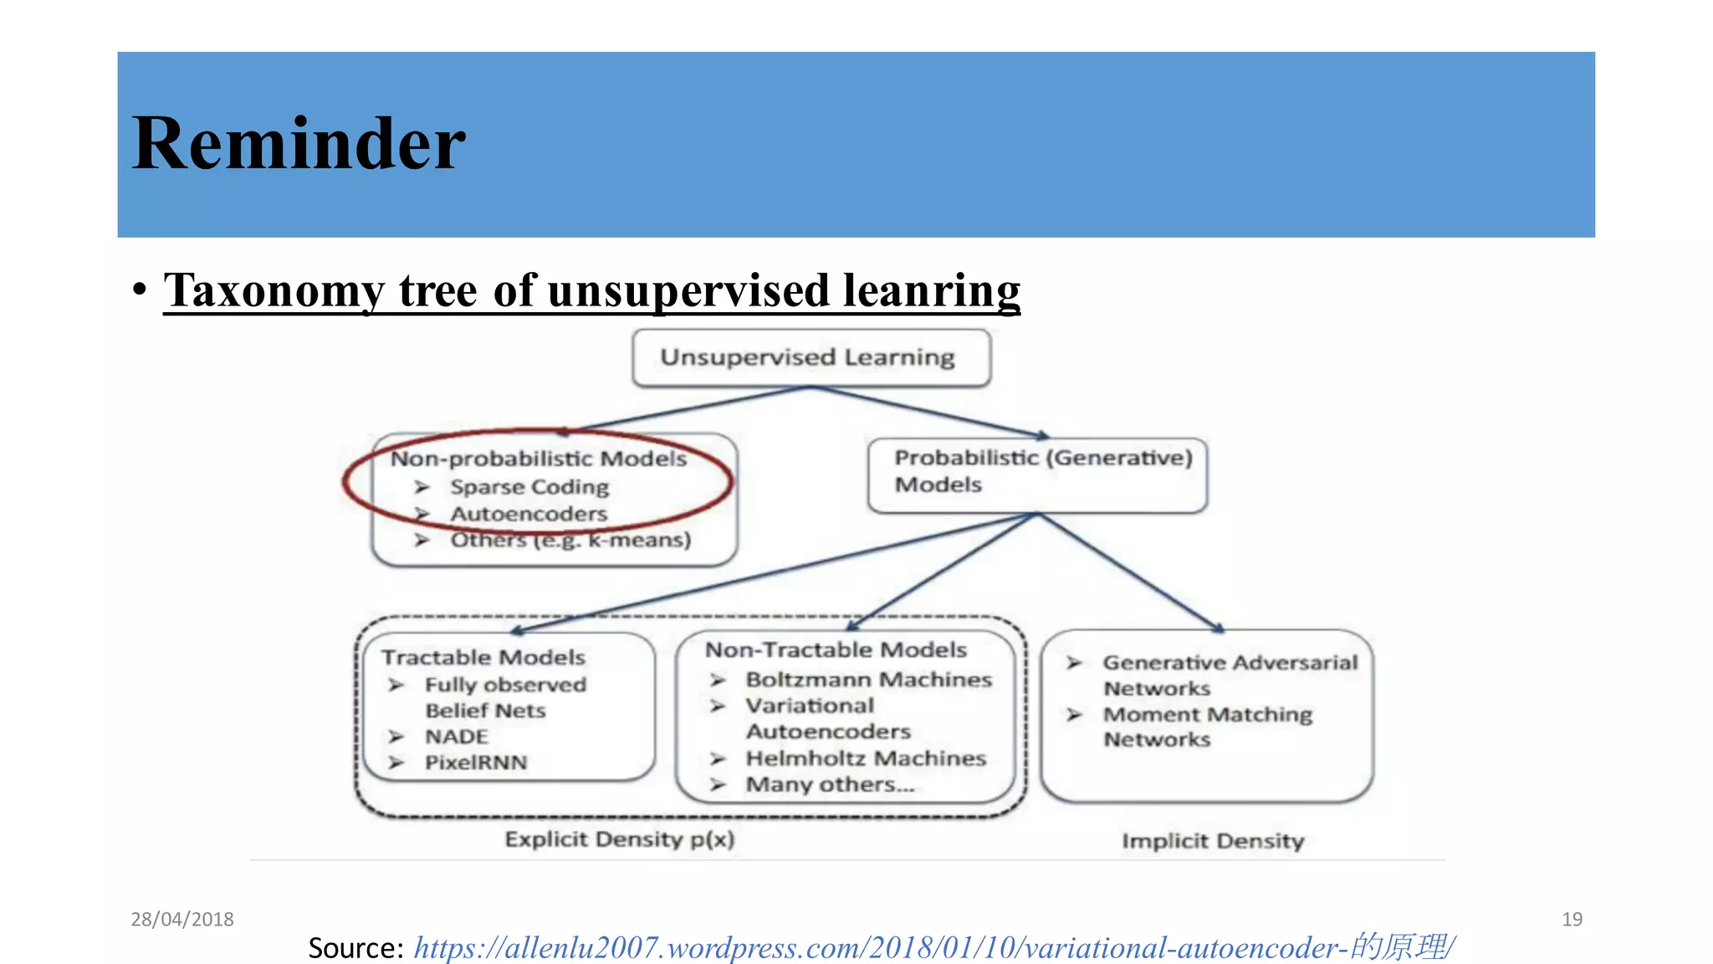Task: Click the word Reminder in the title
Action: (299, 144)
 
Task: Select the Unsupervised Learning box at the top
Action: (810, 357)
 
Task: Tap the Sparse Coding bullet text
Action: (529, 486)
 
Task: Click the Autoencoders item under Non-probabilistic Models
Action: (529, 513)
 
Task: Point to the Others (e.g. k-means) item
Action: (570, 540)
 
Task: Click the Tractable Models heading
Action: (483, 657)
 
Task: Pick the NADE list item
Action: (456, 736)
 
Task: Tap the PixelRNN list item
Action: (476, 762)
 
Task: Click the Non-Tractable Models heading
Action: (836, 649)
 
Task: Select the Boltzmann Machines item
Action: (868, 679)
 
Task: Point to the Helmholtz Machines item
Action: (866, 758)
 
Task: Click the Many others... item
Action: (830, 784)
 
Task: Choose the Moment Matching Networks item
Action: (1207, 726)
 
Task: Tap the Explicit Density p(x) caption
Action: (620, 839)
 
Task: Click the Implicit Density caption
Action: (1213, 841)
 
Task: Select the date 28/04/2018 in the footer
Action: (182, 919)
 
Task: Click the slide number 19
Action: (1572, 919)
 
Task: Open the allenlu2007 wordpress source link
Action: (934, 947)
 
